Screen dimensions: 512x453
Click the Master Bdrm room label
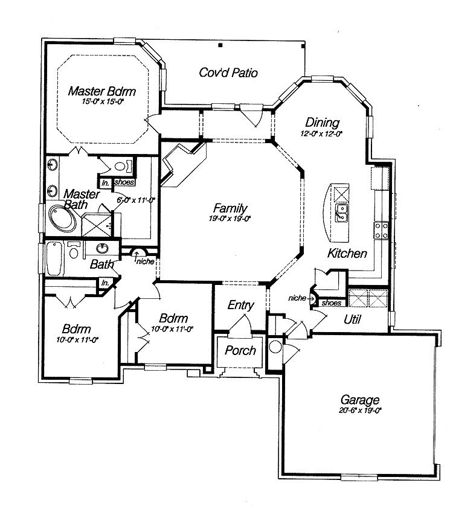point(101,92)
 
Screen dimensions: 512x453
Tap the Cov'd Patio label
point(228,73)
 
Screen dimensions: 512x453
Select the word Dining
point(322,123)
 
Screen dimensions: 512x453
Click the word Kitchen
point(347,254)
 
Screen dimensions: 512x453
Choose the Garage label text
point(360,399)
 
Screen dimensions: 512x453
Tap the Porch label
point(240,351)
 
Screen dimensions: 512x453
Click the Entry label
point(240,306)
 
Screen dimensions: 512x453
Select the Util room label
point(352,319)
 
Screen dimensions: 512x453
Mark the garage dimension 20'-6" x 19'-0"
point(360,410)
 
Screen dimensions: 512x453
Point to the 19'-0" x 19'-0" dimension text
point(230,219)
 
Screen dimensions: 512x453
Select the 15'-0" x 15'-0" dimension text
point(103,102)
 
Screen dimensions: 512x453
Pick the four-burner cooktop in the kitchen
point(382,228)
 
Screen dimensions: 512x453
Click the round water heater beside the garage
point(275,347)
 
